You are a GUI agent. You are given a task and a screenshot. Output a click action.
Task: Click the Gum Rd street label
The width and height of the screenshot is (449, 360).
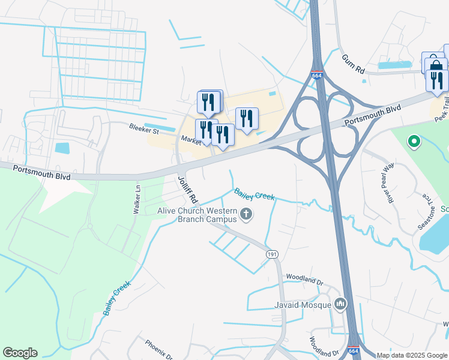(x=353, y=62)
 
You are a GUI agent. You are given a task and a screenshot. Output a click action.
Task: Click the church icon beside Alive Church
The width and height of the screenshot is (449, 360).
(x=246, y=214)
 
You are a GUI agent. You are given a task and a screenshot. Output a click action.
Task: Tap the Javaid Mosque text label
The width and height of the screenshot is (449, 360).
(x=306, y=305)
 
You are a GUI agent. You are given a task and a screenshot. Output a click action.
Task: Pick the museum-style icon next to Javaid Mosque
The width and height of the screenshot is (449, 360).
(x=341, y=305)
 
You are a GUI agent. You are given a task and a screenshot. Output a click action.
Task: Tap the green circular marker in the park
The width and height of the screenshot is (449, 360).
(x=413, y=142)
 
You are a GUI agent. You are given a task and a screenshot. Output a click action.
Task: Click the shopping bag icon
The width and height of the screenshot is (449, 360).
(x=435, y=64)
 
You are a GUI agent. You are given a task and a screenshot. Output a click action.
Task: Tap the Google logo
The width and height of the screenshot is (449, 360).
(x=20, y=353)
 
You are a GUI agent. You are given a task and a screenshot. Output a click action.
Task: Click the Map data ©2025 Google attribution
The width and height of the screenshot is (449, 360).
(x=412, y=355)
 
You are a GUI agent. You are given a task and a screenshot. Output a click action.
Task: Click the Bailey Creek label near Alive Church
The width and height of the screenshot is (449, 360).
(x=254, y=194)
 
